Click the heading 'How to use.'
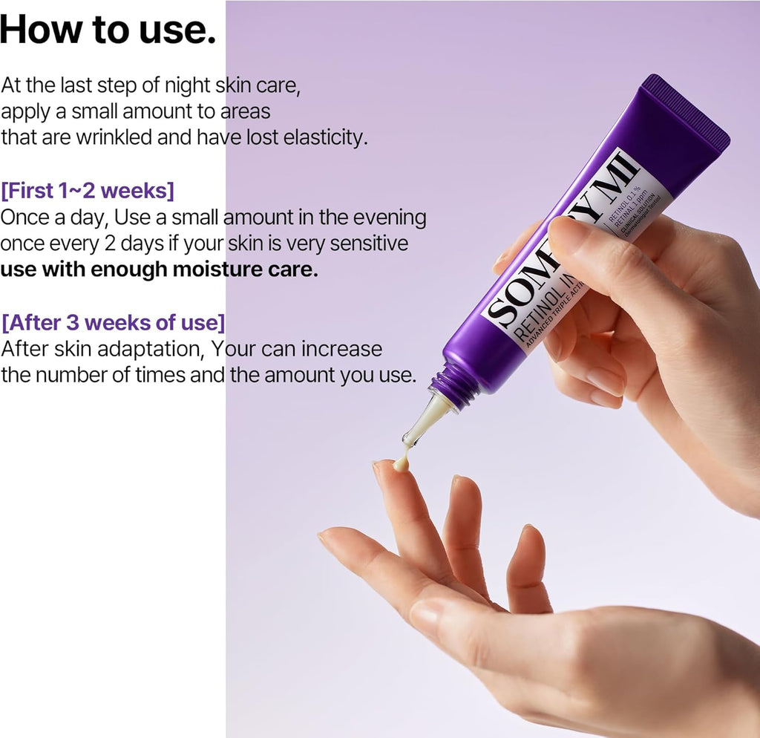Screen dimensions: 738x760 (x=108, y=29)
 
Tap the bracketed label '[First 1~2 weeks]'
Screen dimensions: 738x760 (x=88, y=191)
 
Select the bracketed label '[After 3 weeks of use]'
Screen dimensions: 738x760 (x=114, y=324)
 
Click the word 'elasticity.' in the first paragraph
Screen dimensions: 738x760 (x=326, y=137)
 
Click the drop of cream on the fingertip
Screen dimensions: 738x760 (x=402, y=463)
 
